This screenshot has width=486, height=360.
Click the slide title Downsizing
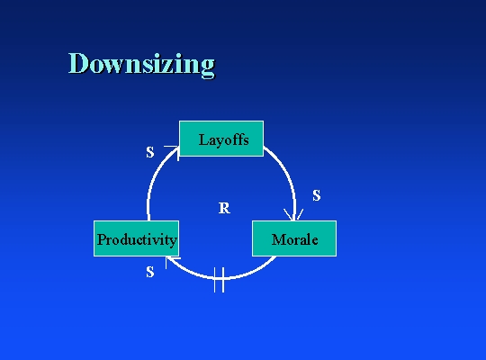(141, 64)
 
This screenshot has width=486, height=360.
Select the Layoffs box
(221, 139)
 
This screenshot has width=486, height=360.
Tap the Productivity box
(137, 238)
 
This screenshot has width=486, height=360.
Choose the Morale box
(294, 238)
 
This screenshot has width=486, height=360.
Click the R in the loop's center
(224, 208)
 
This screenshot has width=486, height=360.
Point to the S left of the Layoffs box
(150, 152)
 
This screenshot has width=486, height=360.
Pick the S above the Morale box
(317, 195)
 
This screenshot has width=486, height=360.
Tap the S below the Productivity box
(150, 272)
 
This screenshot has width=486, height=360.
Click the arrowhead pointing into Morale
(293, 214)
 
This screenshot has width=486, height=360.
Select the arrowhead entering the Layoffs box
(173, 152)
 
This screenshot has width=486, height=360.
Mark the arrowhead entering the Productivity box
(172, 261)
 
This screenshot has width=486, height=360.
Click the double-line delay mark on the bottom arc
(219, 280)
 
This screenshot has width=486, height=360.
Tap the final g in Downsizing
(208, 67)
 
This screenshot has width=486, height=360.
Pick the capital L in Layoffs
(203, 139)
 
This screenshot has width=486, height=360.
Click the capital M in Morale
(279, 239)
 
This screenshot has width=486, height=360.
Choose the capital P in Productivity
(102, 239)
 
